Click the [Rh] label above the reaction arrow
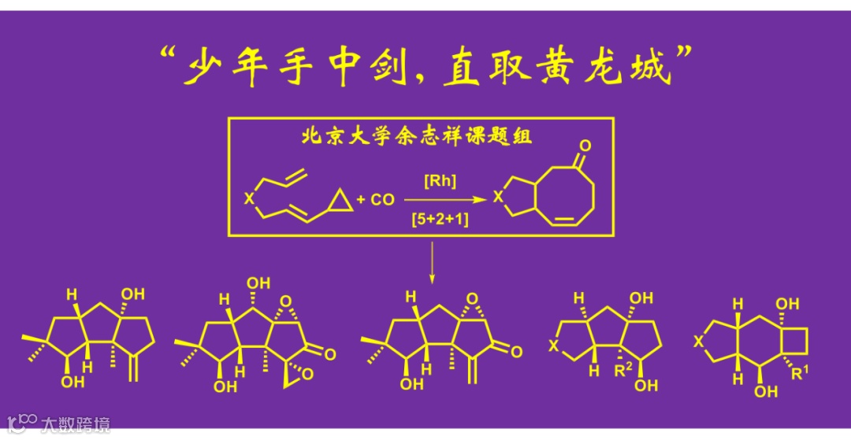click(x=438, y=182)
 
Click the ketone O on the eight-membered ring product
click(x=584, y=146)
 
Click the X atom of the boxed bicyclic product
click(x=496, y=198)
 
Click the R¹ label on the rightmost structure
click(x=798, y=373)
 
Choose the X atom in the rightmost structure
click(x=697, y=341)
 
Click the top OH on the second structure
click(x=258, y=283)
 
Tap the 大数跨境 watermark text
click(x=76, y=425)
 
